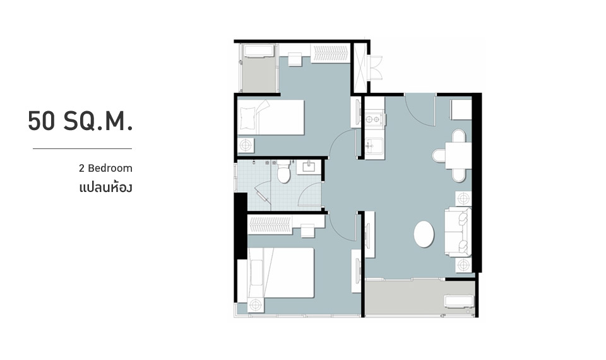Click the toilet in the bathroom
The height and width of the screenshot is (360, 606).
283,172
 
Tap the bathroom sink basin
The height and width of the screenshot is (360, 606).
309,167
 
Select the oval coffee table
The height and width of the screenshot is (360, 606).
424,234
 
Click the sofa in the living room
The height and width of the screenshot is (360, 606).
458,232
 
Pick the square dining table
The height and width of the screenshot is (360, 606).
458,155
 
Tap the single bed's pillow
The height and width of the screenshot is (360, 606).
247,117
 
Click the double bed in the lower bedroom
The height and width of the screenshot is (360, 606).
280,273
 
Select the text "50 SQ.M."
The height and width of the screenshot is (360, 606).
80,121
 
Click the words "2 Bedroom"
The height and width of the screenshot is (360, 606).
105,168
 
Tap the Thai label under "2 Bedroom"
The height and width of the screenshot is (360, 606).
105,188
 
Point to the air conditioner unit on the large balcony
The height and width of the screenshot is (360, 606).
459,301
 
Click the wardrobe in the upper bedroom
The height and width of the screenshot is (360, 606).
331,52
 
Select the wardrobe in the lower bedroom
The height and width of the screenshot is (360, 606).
270,225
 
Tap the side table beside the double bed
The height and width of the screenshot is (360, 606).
256,306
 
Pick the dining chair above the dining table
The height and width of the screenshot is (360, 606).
459,136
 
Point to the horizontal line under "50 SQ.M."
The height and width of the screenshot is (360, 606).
82,148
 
